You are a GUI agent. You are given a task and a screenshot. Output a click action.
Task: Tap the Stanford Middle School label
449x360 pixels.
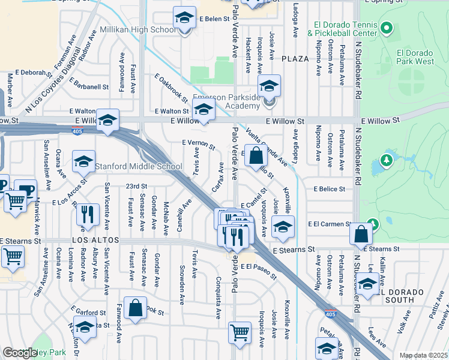coord(139,166)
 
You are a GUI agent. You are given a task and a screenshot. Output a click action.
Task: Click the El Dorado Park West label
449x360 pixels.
coord(415,56)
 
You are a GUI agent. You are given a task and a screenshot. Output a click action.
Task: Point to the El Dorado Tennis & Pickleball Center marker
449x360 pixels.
coord(386,28)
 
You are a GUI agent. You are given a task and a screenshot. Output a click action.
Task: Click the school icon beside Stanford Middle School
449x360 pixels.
coord(83,161)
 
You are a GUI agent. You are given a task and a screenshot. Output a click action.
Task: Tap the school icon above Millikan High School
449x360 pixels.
coord(185,17)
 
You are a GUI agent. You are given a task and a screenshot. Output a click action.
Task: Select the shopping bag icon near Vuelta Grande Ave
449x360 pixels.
coord(256,155)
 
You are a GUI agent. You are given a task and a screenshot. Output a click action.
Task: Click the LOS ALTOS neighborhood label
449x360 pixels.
coord(92,240)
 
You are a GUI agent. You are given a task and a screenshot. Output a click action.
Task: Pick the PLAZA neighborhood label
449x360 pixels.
coord(295,58)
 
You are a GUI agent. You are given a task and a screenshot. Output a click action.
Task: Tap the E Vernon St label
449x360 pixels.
coord(198,144)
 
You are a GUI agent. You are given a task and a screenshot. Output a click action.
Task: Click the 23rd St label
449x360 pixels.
coord(136,186)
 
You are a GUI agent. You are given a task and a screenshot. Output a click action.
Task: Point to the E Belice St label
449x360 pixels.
coord(330,188)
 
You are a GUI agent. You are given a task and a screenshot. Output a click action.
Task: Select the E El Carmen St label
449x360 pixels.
coord(330,224)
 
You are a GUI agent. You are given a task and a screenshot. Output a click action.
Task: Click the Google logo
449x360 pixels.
coord(20,353)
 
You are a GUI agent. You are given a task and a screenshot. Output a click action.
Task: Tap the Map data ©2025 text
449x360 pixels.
coord(423,355)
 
